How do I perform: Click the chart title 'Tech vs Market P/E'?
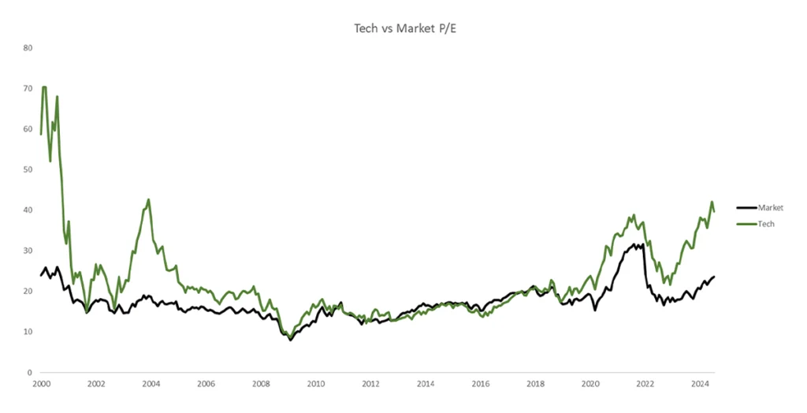click(x=403, y=28)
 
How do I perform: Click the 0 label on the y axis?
click(x=30, y=372)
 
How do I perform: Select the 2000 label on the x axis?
click(x=41, y=385)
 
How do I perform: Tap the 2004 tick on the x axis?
click(x=151, y=385)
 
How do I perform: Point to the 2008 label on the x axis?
click(x=261, y=385)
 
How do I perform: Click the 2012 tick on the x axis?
click(x=370, y=385)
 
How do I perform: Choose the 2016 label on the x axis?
click(x=481, y=385)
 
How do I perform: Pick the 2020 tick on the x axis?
click(x=590, y=385)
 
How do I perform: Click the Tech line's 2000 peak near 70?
click(x=44, y=87)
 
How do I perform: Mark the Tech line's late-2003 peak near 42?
click(x=148, y=199)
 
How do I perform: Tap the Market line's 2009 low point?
click(x=290, y=339)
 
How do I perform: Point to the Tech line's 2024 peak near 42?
click(x=712, y=202)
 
